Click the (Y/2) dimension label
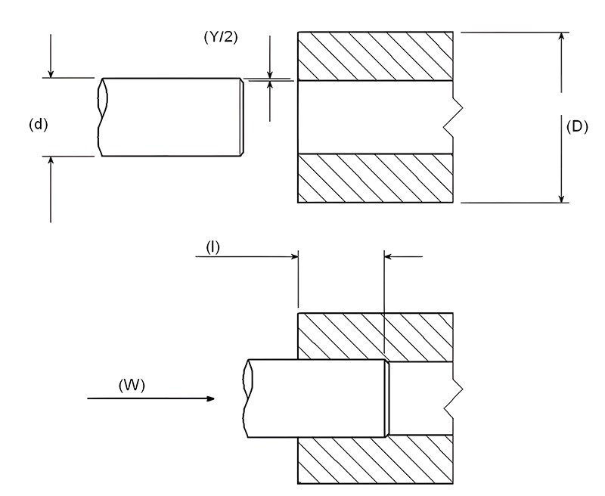221,36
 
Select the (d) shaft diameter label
37,124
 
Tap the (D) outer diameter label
577,126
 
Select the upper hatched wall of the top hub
376,56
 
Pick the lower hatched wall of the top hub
376,178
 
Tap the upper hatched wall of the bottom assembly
376,334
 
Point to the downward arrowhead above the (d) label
51,73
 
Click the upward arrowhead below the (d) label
51,161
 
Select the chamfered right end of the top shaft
242,117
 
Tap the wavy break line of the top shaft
101,117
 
